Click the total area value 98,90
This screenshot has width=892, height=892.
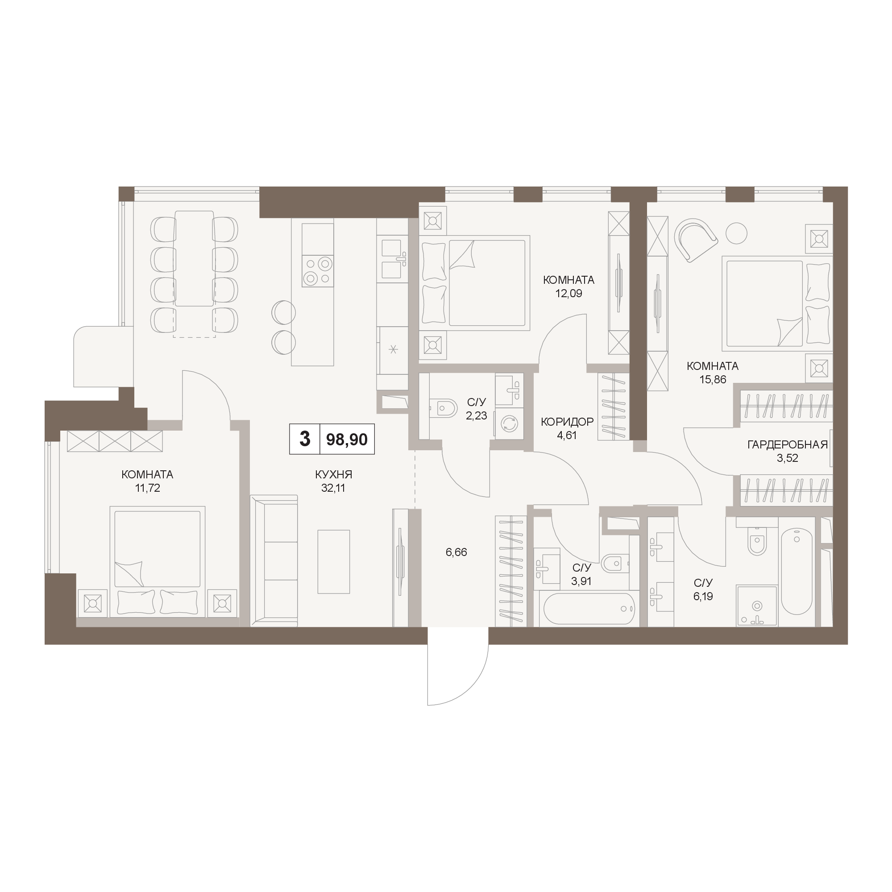point(347,440)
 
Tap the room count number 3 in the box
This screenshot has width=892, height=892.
point(305,439)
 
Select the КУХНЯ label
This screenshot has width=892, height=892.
point(333,474)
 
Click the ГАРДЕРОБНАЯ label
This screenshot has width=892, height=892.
point(787,444)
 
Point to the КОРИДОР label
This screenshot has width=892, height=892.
point(567,422)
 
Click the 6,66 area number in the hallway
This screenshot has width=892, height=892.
point(456,552)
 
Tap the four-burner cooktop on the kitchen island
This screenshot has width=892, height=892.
point(318,271)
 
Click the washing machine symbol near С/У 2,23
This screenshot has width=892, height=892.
point(509,423)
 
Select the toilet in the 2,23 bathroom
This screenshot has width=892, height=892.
point(443,408)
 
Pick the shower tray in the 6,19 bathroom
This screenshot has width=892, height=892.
point(756,606)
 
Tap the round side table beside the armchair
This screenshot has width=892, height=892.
point(736,233)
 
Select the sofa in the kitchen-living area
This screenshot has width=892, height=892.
point(274,561)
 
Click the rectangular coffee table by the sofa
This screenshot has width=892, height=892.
point(333,561)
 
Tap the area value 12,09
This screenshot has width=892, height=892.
point(568,293)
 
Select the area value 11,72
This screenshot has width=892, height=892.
point(147,488)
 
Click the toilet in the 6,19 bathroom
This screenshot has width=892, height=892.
point(757,542)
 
